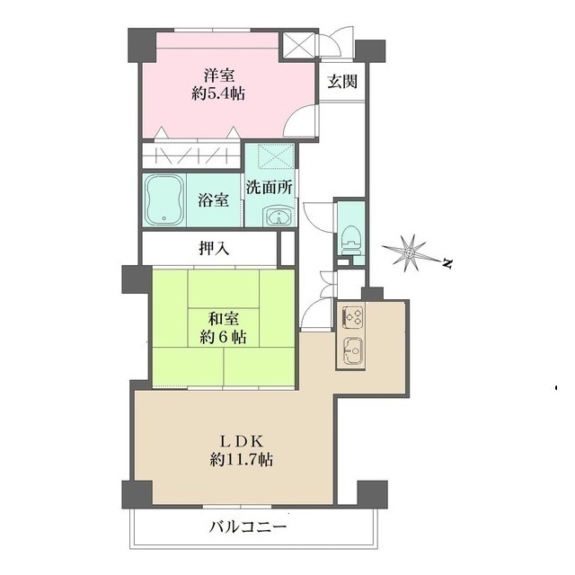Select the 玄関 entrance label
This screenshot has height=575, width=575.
342,82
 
